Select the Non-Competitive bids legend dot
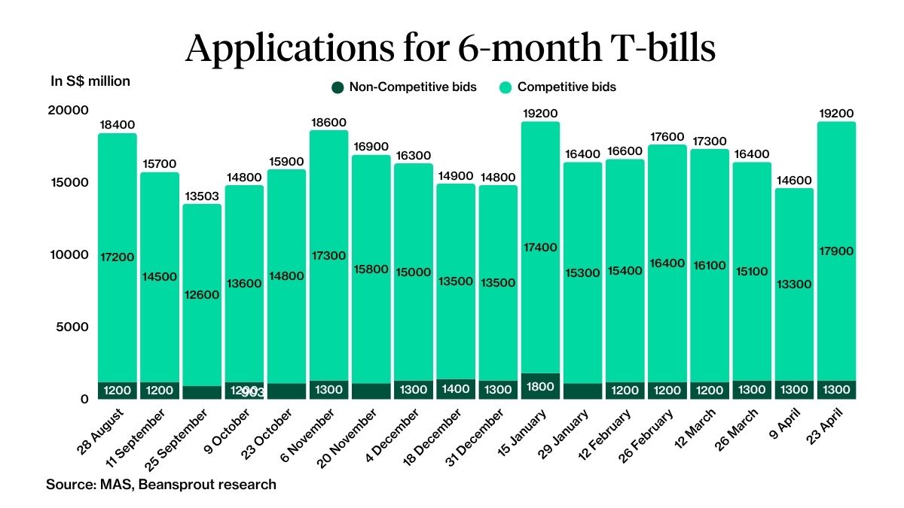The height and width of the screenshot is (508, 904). click(337, 87)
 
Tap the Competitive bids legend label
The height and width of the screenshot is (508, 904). click(567, 87)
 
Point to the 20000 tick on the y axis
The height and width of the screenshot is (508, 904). click(68, 111)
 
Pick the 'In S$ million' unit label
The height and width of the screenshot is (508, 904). click(90, 81)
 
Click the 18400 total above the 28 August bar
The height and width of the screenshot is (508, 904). click(117, 125)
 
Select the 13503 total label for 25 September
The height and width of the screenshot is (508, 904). click(202, 196)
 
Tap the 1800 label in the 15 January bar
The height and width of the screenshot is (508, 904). click(541, 387)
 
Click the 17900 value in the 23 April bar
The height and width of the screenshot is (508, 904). click(838, 251)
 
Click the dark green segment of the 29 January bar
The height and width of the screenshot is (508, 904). click(584, 391)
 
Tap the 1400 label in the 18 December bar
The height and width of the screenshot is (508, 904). click(457, 390)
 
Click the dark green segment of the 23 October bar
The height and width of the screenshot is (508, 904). click(286, 391)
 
